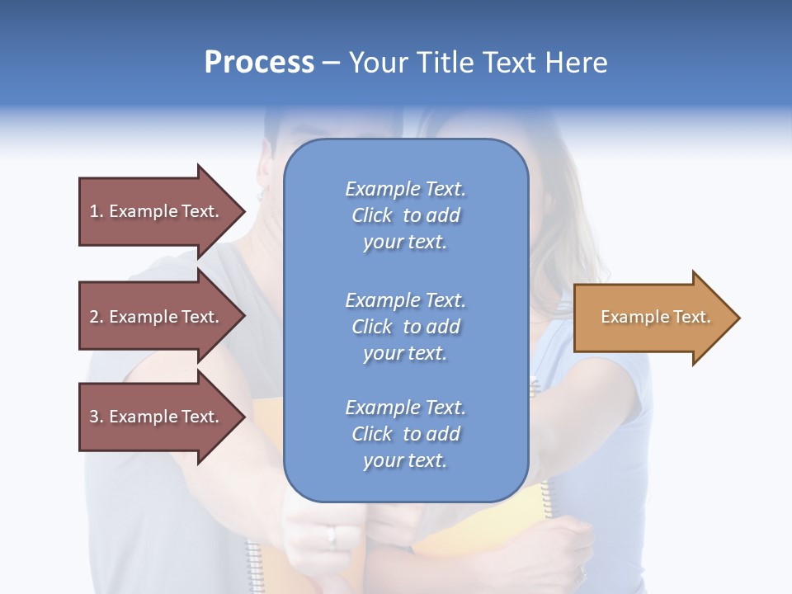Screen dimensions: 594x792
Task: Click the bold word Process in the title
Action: pos(259,63)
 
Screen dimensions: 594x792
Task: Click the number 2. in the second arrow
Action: pos(96,317)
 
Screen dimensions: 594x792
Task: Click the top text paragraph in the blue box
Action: pos(405,215)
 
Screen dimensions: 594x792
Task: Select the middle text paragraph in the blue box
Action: pos(405,326)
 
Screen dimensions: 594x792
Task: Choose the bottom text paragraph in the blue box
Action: pos(405,434)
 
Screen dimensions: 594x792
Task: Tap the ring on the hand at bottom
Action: pos(332,536)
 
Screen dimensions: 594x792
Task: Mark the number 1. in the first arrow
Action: pos(96,211)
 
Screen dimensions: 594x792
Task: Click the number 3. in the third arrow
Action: pos(96,417)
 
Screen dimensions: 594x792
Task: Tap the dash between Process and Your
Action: pos(331,64)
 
